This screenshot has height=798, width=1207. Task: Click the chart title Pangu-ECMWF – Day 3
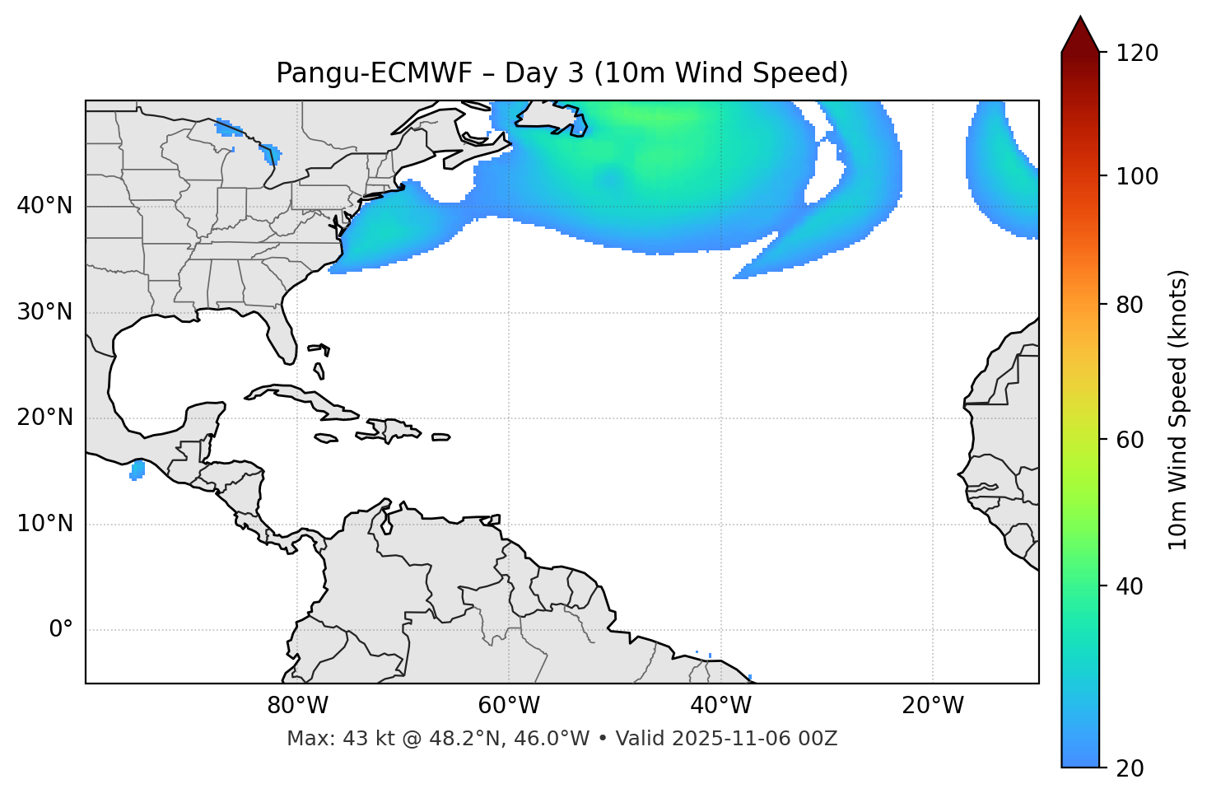[562, 73]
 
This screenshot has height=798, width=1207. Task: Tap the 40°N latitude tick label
[44, 206]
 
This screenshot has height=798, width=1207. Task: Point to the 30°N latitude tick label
[44, 312]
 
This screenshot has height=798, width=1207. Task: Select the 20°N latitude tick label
[44, 418]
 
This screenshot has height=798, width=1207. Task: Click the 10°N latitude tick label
[44, 524]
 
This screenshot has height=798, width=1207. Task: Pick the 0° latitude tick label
[61, 630]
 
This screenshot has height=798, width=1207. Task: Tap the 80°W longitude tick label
[297, 706]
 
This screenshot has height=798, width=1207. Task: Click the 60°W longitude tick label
[509, 706]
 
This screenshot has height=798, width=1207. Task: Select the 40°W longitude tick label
[720, 706]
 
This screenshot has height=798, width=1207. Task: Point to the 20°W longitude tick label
[932, 706]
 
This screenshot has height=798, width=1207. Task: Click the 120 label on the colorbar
[1137, 54]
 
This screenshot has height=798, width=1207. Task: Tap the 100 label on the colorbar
[1137, 176]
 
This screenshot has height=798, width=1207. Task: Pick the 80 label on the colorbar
[1130, 305]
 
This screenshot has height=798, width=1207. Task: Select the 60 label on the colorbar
[1130, 440]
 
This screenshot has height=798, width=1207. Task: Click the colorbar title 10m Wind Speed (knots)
[1178, 409]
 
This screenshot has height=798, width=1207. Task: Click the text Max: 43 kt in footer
[326, 739]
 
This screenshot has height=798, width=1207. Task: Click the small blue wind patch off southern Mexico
[137, 470]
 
